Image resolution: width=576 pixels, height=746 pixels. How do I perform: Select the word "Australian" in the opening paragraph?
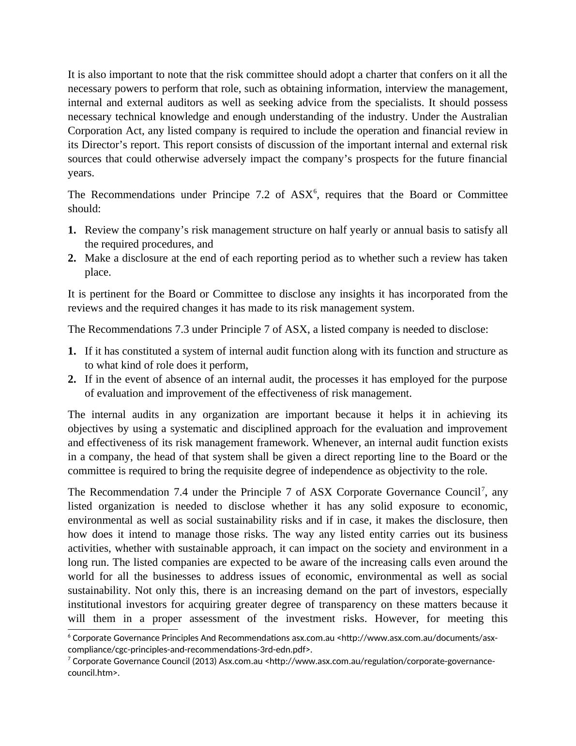coord(484,117)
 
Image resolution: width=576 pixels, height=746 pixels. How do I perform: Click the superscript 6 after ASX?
coord(315,192)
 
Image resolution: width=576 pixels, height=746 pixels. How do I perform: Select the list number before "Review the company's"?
coord(72,230)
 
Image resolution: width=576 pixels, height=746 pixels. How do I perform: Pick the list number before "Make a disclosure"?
coord(72,258)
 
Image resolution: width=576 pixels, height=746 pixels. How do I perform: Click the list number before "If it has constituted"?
coord(72,351)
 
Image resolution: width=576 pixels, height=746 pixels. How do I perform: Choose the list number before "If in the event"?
coord(72,379)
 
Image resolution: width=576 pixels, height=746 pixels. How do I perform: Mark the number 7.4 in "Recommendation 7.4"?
coord(178,492)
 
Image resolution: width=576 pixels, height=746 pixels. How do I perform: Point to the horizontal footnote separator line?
coord(123,630)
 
